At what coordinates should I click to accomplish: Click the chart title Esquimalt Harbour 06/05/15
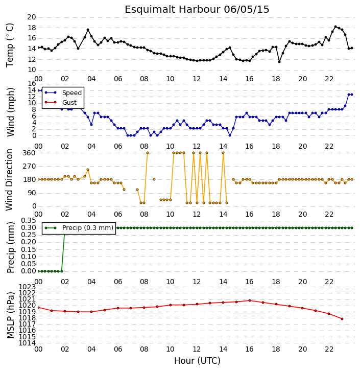197,10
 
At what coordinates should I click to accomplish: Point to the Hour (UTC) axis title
197,361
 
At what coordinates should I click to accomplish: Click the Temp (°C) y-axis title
10,45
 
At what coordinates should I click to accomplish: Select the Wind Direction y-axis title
10,180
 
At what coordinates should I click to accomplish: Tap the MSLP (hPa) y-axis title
10,315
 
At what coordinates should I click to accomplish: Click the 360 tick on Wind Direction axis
29,153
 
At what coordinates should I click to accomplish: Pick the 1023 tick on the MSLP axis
27,287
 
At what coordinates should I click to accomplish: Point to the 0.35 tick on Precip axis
29,221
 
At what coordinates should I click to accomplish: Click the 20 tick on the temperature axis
32,17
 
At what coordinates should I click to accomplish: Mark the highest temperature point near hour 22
335,27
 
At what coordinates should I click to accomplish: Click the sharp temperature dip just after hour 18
279,62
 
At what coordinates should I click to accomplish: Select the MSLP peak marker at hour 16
250,300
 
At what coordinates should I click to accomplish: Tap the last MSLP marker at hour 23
342,319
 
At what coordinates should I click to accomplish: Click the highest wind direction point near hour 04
88,170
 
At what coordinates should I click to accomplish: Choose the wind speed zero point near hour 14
229,135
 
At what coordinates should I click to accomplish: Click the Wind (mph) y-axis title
10,112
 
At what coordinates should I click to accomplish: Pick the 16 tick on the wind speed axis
32,83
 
